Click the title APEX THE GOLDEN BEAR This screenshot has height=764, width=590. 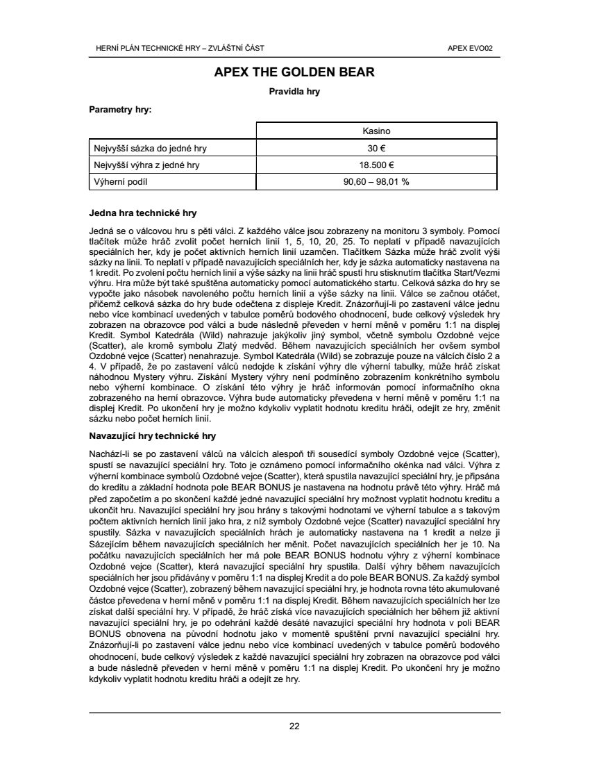(294, 72)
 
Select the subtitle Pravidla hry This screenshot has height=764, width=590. (294, 91)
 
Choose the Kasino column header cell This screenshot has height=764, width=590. (376, 131)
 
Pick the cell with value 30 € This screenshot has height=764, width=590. (376, 148)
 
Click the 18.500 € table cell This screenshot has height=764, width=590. (376, 165)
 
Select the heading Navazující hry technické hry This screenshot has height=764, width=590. (153, 436)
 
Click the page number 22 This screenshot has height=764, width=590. (294, 726)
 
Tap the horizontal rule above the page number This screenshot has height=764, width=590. (294, 713)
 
